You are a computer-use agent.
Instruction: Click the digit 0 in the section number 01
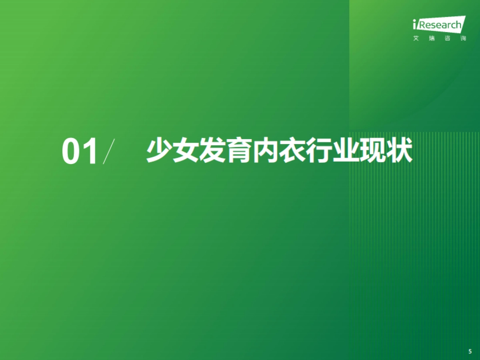[x=72, y=152]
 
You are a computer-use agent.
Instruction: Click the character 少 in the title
[x=159, y=151]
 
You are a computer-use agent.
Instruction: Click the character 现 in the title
[x=373, y=151]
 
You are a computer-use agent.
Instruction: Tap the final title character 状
[x=400, y=151]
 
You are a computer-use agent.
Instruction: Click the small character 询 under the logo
[x=463, y=39]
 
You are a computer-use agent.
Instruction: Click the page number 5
[x=470, y=351]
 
